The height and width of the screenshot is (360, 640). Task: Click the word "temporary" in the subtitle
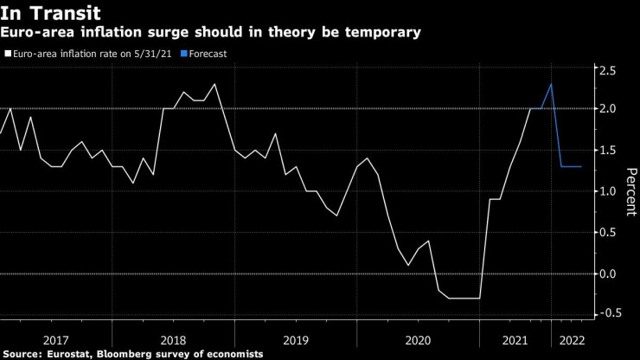[x=384, y=33]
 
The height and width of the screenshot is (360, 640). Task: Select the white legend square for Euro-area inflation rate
[x=9, y=54]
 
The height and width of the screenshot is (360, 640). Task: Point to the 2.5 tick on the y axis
[x=610, y=70]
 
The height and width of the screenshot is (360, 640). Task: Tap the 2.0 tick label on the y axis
[x=610, y=108]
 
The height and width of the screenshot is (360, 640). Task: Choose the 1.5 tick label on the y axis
[x=610, y=150]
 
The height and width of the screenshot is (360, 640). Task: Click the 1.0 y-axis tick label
[x=610, y=191]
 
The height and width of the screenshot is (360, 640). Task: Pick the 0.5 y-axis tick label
[x=610, y=232]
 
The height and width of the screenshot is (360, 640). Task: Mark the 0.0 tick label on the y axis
[x=610, y=273]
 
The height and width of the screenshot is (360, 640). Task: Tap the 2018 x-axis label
[x=173, y=340]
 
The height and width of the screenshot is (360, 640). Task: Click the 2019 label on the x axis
[x=296, y=340]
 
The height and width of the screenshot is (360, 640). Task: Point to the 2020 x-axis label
[x=418, y=340]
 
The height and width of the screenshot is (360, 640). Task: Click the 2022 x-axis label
[x=573, y=340]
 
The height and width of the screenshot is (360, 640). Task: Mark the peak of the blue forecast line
[x=552, y=84]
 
